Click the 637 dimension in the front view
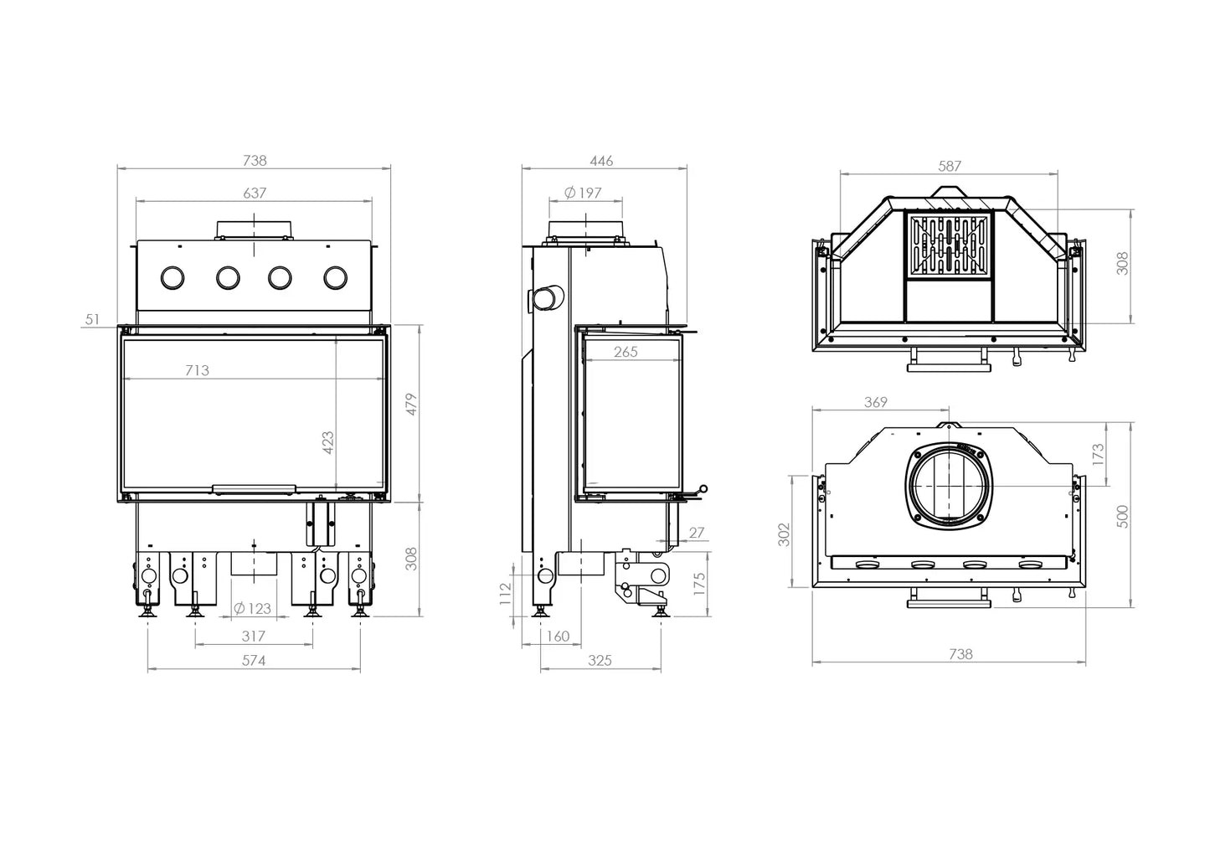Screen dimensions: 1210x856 (x=255, y=193)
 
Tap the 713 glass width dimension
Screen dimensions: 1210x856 (x=197, y=371)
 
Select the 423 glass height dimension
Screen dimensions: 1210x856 (x=328, y=442)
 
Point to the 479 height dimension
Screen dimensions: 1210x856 (x=412, y=405)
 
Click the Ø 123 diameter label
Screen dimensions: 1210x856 (x=252, y=609)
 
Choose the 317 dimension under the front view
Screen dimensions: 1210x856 (x=254, y=637)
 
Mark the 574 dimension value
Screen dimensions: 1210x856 (x=254, y=661)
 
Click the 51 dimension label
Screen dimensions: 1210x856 (x=92, y=319)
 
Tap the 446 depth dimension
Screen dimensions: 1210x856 (x=601, y=161)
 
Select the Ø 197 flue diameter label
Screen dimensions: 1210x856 (x=583, y=193)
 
